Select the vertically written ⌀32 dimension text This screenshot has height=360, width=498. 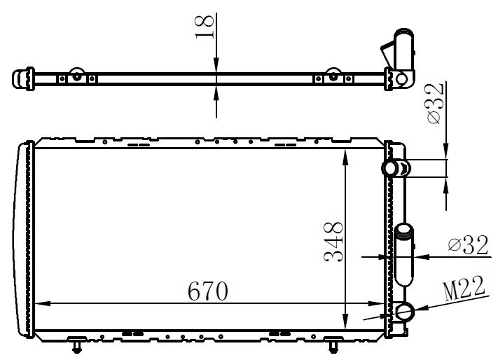click(435, 104)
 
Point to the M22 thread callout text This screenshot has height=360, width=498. click(464, 289)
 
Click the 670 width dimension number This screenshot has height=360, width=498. click(208, 291)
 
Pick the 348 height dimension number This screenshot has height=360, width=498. click(333, 242)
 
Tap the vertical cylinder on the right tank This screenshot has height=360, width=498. click(405, 254)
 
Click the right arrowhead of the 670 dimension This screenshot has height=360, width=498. click(378, 304)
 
